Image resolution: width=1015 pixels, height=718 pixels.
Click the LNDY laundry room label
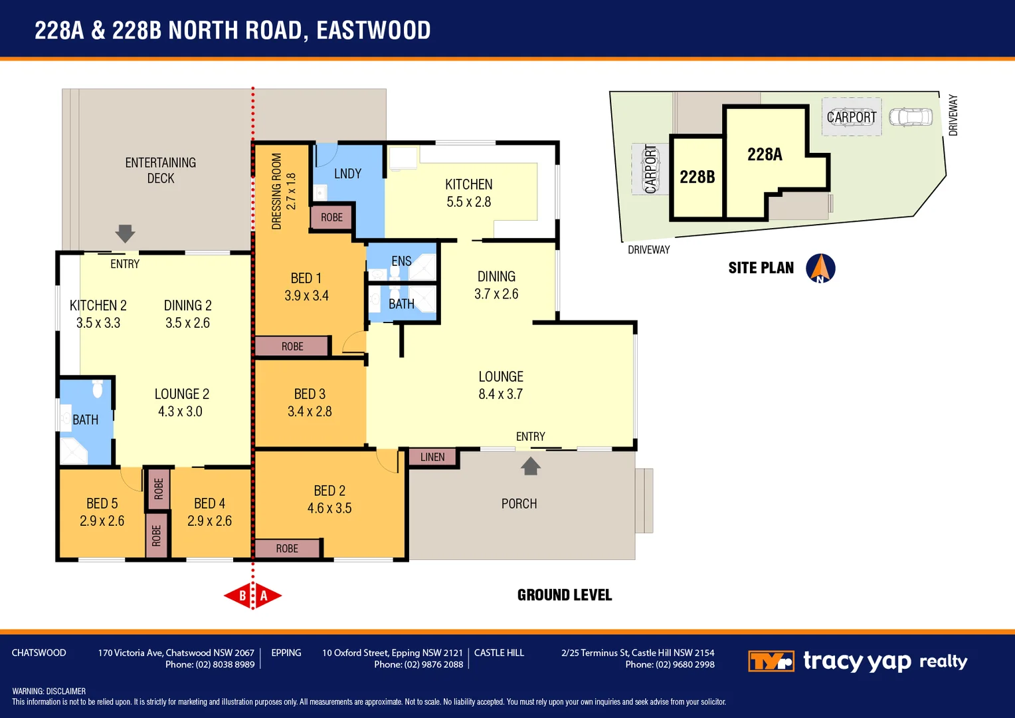tap(347, 174)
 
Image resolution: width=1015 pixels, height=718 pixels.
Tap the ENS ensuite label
tap(401, 261)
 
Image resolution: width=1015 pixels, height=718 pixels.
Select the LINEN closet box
tap(432, 457)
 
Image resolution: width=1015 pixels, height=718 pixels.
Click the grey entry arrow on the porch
tap(530, 466)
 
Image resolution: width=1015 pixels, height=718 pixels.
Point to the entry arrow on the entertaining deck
tap(125, 233)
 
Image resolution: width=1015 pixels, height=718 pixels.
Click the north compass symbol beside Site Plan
tap(820, 269)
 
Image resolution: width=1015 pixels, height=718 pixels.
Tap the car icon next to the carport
tap(911, 118)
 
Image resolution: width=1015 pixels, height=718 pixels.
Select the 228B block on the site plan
tap(697, 177)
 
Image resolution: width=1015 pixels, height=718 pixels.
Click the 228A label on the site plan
tap(765, 155)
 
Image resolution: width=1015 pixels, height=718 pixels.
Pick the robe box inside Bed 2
tap(287, 548)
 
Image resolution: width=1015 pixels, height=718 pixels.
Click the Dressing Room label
tap(277, 191)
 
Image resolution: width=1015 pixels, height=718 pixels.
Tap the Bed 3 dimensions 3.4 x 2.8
tap(310, 412)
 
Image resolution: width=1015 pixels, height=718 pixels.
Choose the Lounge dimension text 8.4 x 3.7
tap(500, 394)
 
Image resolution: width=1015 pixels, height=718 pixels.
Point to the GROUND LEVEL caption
tap(565, 595)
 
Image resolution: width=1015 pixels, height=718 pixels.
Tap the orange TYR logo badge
tap(771, 661)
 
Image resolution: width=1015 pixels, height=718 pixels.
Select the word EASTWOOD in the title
tap(373, 31)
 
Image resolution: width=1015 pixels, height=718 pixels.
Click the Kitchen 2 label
tap(98, 306)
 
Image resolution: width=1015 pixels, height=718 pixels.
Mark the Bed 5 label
tap(102, 504)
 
